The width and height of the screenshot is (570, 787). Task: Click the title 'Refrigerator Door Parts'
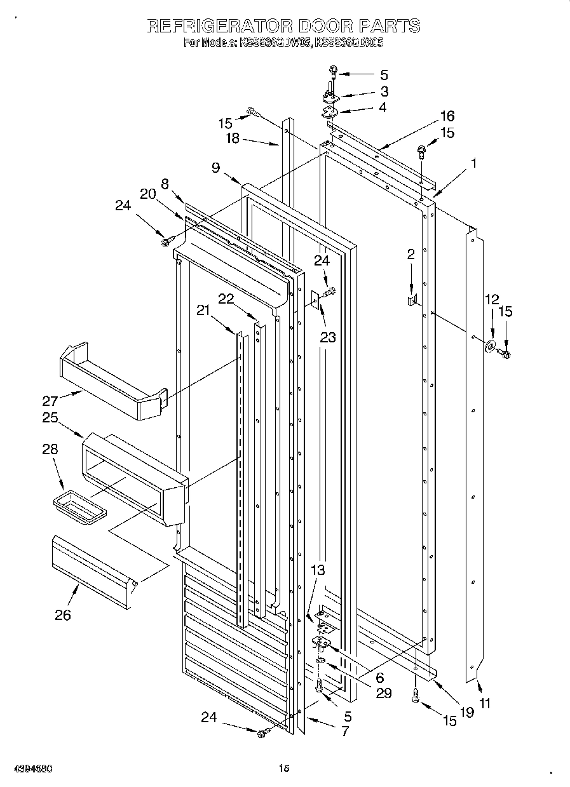click(x=283, y=26)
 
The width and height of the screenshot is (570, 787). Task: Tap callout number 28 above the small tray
click(x=50, y=450)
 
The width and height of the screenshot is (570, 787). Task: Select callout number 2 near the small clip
click(x=411, y=255)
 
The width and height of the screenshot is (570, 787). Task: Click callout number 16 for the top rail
click(x=447, y=116)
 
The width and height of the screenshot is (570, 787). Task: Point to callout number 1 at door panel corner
click(x=472, y=163)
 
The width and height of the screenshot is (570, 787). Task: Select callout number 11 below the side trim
click(x=485, y=703)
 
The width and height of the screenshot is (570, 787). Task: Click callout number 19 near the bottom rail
click(x=467, y=712)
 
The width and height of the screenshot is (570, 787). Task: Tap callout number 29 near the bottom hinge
click(x=383, y=694)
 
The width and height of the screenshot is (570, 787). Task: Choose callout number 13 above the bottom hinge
click(x=318, y=570)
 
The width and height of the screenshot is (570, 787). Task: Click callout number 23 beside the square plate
click(x=328, y=337)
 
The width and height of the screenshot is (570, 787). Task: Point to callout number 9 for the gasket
click(x=216, y=168)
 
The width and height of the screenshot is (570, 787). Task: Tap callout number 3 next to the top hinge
click(x=384, y=91)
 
